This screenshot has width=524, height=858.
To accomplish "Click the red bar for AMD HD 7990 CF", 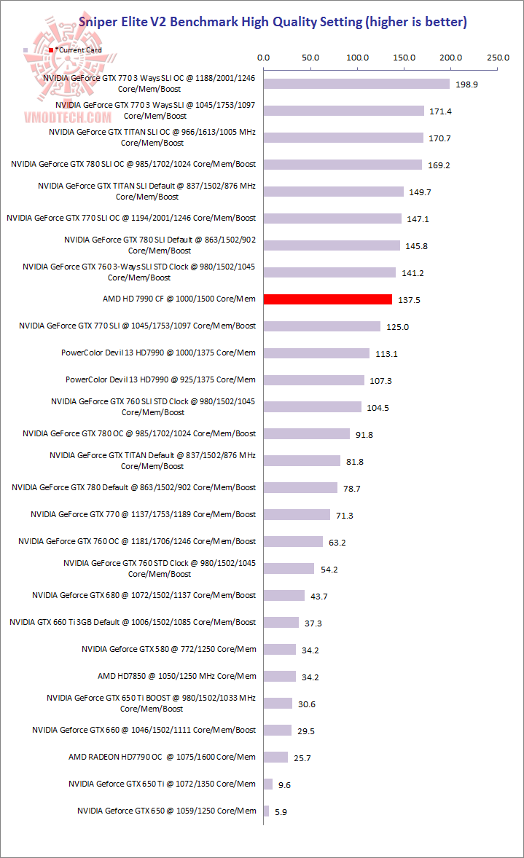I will pyautogui.click(x=328, y=299).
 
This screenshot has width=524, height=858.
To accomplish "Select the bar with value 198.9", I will pyautogui.click(x=356, y=84).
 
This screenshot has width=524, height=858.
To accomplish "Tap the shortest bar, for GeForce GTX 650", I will pyautogui.click(x=266, y=811).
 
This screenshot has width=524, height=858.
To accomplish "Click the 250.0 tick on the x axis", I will pyautogui.click(x=498, y=58).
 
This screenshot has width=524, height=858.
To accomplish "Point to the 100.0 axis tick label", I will pyautogui.click(x=358, y=58).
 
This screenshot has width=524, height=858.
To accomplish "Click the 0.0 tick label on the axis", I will pyautogui.click(x=264, y=58).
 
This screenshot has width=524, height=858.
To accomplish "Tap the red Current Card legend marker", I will pyautogui.click(x=51, y=50).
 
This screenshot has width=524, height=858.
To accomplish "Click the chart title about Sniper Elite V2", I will pyautogui.click(x=273, y=22).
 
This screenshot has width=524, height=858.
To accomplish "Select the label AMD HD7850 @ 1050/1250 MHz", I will pyautogui.click(x=176, y=675).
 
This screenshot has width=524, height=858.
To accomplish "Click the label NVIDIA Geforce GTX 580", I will pyautogui.click(x=168, y=648).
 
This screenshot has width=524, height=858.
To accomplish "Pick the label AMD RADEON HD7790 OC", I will pyautogui.click(x=162, y=756).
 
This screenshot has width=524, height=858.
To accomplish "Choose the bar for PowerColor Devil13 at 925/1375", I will pyautogui.click(x=313, y=380).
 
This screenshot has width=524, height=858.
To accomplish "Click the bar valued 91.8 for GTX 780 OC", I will pyautogui.click(x=306, y=434).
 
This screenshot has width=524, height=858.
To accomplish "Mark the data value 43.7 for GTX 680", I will pyautogui.click(x=319, y=597).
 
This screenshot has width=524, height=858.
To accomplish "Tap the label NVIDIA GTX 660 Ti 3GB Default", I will pyautogui.click(x=133, y=621).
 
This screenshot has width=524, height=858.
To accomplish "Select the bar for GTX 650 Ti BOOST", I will pyautogui.click(x=278, y=704).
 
